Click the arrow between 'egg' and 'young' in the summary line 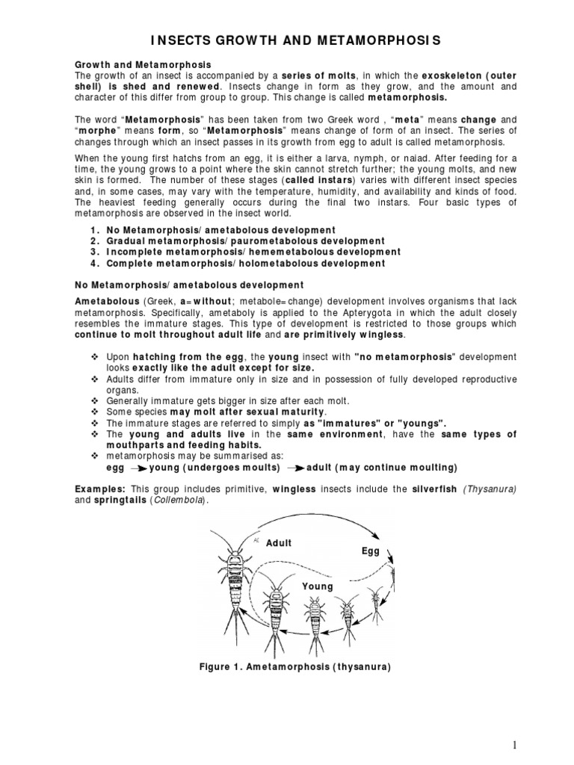pyautogui.click(x=138, y=468)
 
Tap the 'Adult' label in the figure pyautogui.click(x=280, y=543)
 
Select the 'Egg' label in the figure pyautogui.click(x=371, y=551)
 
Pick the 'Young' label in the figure pyautogui.click(x=317, y=586)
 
